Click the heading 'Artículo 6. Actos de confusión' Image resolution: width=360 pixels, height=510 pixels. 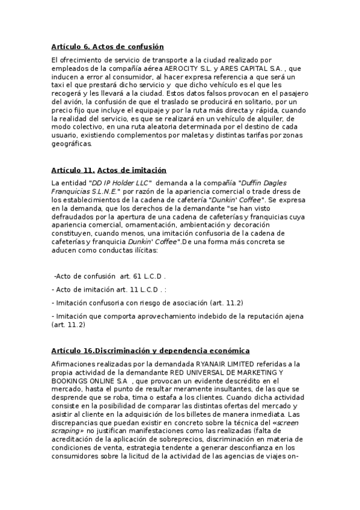pyautogui.click(x=108, y=47)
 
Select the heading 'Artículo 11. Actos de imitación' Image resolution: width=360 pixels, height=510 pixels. pyautogui.click(x=109, y=170)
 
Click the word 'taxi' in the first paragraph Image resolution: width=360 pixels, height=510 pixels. pyautogui.click(x=59, y=87)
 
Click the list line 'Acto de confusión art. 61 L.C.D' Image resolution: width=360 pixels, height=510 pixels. pyautogui.click(x=109, y=276)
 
